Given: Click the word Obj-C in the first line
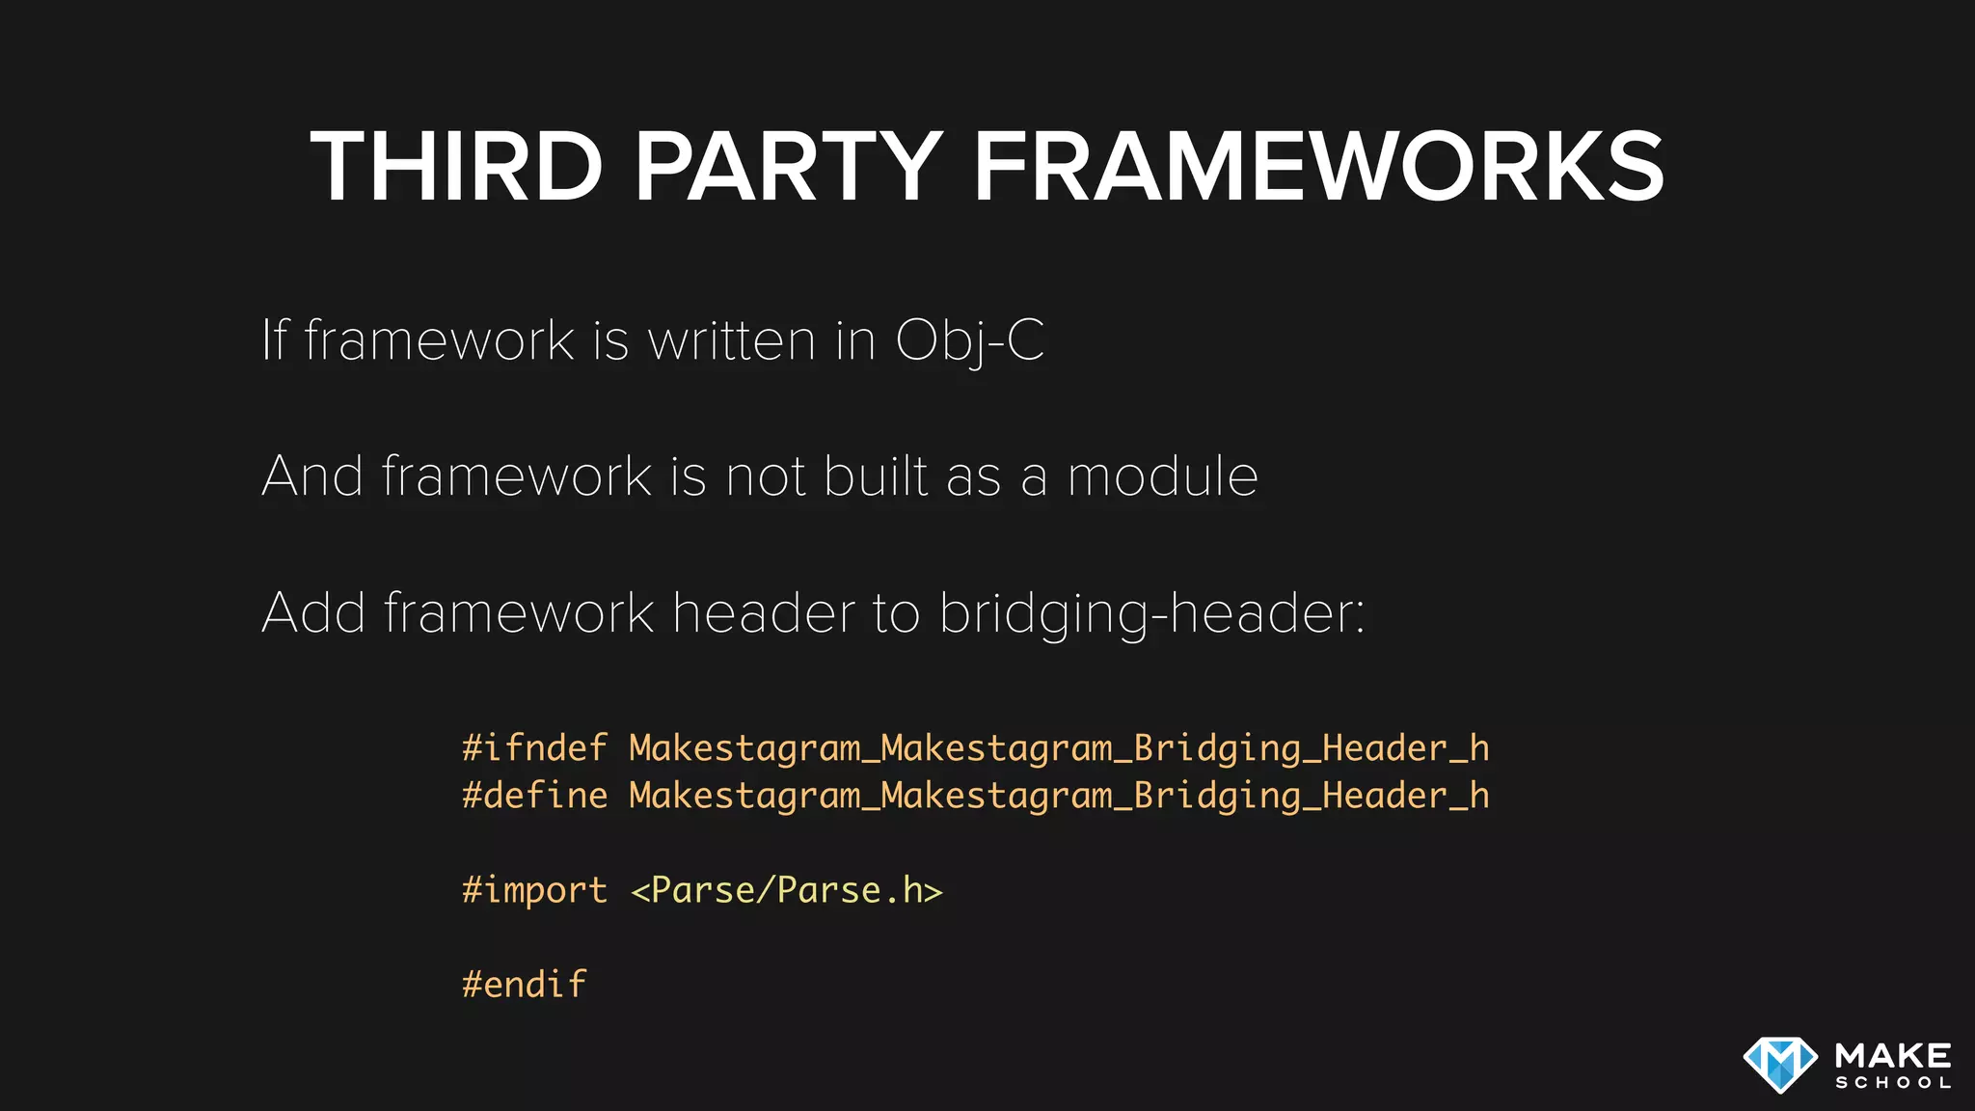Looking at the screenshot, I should coord(969,340).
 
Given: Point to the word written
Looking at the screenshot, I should coord(732,340).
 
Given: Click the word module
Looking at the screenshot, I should coord(1162,476).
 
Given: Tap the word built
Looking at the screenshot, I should coord(876,476).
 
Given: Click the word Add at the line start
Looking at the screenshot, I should coord(313,613).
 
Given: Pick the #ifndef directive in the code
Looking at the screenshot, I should coord(534,748).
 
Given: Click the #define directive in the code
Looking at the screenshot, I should coord(534,796).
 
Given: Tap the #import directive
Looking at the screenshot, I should coord(534,890).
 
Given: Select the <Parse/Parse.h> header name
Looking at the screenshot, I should coord(786,890).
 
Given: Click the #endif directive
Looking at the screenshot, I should coord(524,985).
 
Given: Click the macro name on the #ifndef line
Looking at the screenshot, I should coord(1059,748).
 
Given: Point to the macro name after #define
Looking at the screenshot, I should coord(1059,796).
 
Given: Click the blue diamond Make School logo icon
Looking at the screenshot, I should coord(1780,1065).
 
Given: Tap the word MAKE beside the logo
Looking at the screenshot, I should coord(1893,1055).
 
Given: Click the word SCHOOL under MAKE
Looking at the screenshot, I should coord(1893,1083).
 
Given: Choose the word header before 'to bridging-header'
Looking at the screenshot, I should coord(763,613).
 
